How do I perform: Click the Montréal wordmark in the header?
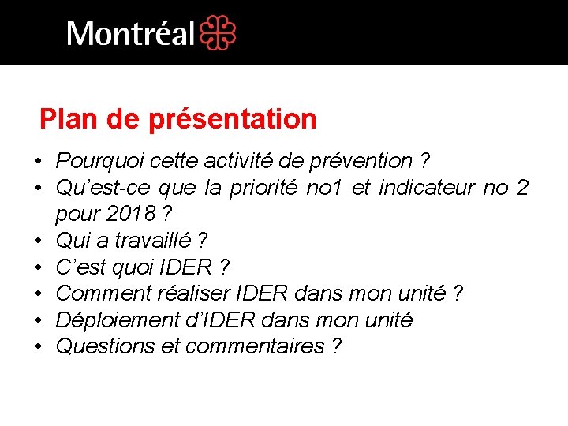pyautogui.click(x=131, y=34)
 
